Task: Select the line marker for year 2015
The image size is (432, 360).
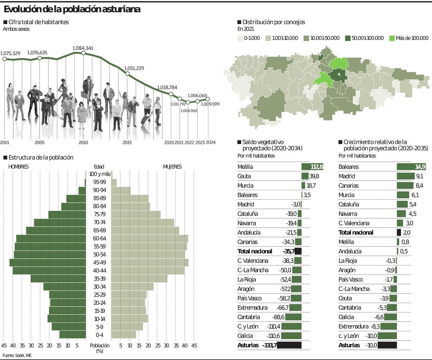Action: [127, 74]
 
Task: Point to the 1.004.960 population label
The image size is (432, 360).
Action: [189, 111]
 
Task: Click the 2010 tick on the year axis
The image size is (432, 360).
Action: [83, 142]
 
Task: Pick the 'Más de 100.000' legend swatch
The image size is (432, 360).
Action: [392, 38]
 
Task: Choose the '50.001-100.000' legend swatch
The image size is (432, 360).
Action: [348, 38]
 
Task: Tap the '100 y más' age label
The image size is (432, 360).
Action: [99, 174]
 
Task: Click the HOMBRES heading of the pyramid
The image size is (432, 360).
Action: [18, 167]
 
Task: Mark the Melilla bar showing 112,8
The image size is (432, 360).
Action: [312, 167]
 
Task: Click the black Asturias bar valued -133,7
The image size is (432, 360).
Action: [289, 345]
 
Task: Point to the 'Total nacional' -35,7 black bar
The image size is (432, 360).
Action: [298, 251]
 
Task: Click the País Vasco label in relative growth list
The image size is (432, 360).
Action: [351, 279]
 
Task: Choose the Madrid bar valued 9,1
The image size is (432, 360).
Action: [406, 176]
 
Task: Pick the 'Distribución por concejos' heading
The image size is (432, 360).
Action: [274, 22]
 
